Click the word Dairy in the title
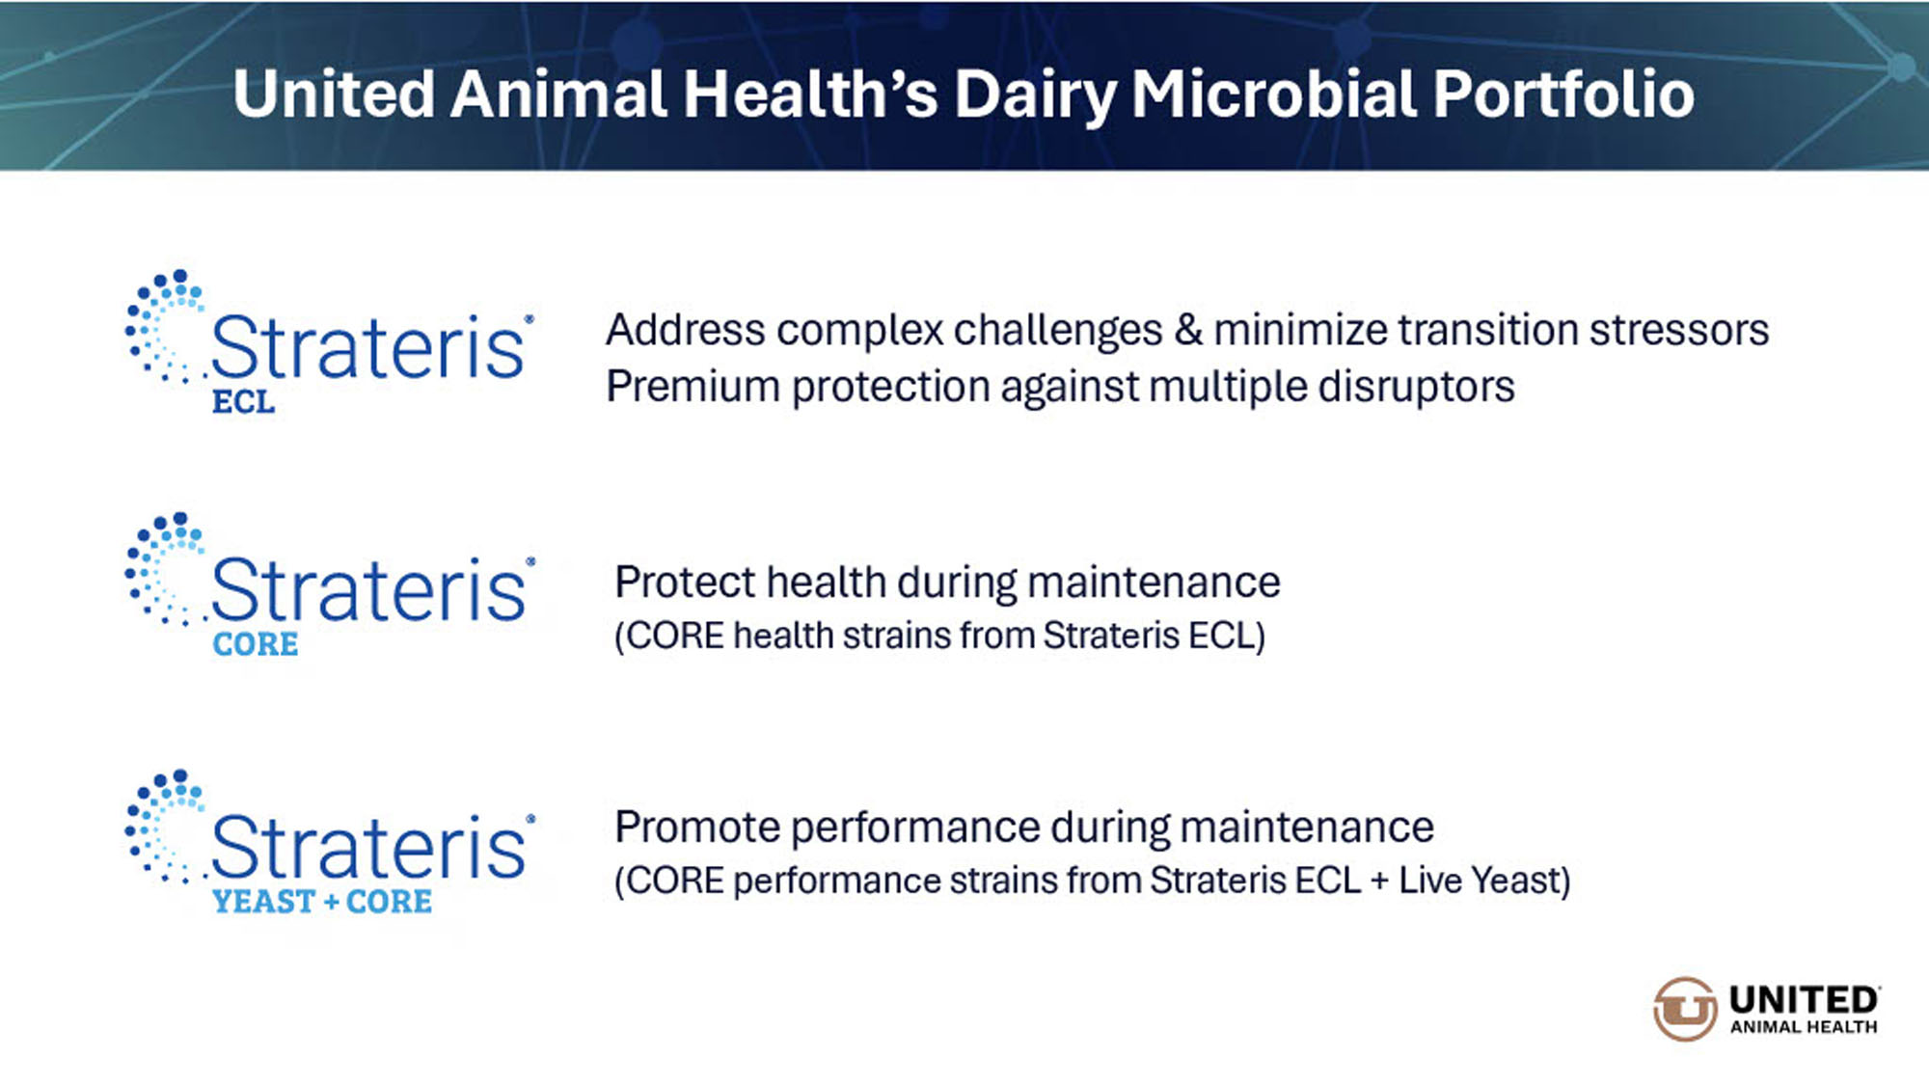[x=1035, y=95]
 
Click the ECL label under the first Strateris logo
[x=243, y=401]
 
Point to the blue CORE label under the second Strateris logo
[x=256, y=644]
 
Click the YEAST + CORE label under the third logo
[x=322, y=902]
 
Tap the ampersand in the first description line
[x=1188, y=331]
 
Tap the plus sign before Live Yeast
[x=1379, y=882]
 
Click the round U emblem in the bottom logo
[x=1685, y=1009]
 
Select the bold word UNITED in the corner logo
[x=1804, y=999]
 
